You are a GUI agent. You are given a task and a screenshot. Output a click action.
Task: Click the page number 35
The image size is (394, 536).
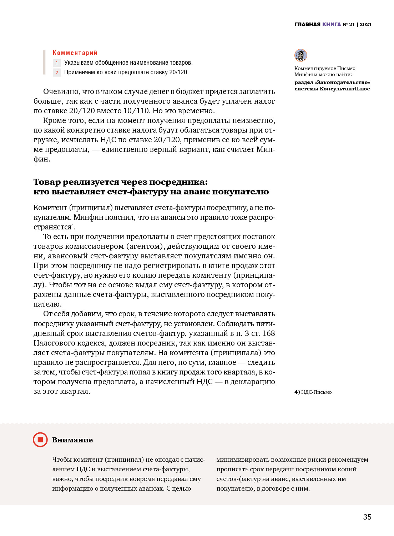coord(367,517)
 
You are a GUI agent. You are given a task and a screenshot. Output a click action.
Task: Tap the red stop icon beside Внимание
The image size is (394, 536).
coord(40,440)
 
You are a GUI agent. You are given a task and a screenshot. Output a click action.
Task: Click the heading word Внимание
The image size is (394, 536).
coord(72,440)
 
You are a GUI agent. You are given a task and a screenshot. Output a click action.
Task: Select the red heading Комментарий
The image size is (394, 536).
coord(75,53)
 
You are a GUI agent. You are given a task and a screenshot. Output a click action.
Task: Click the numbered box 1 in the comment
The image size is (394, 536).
coord(57,63)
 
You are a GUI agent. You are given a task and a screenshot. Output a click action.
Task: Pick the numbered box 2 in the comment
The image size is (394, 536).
coord(57,73)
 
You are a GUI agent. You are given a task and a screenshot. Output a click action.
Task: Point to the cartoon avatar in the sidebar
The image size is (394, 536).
coord(301,55)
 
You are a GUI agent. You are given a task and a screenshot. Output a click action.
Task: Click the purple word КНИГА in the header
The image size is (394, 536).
coord(332,24)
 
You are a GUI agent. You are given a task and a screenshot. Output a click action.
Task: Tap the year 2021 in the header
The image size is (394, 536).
coord(365,24)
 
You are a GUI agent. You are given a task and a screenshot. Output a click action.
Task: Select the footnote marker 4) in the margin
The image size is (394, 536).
coord(297,392)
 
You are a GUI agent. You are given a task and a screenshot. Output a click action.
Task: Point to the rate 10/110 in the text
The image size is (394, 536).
coord(135,111)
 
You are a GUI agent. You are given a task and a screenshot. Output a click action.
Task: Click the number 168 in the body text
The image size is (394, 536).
coord(269,333)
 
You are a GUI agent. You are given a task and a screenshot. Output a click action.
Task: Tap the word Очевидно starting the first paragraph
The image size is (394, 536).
coord(61,91)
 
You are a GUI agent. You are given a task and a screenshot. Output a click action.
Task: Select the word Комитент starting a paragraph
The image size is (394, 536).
coord(50,208)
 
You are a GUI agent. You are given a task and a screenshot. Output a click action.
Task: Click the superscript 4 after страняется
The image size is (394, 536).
coord(73,225)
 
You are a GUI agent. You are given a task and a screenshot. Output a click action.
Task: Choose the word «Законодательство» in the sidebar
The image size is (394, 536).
coord(343,83)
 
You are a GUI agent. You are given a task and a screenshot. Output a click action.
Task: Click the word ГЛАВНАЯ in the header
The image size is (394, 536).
coord(307,24)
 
